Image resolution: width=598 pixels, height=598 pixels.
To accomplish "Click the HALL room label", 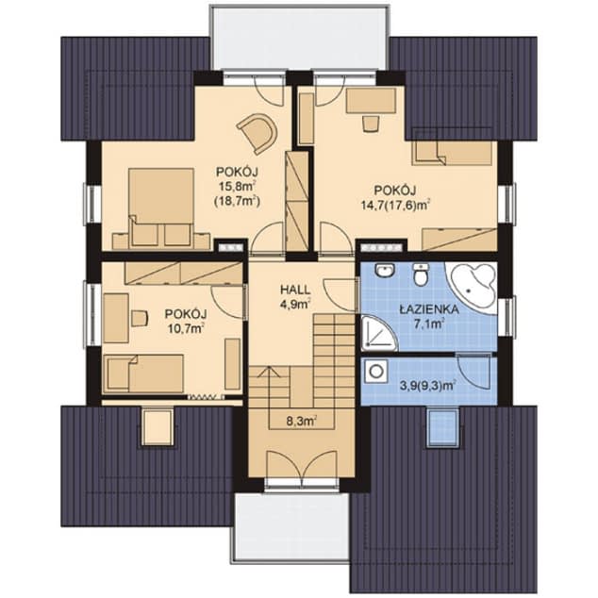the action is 295,290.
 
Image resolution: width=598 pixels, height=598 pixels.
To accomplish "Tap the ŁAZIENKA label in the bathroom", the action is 428,309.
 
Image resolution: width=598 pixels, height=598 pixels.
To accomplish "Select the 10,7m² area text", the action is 186,328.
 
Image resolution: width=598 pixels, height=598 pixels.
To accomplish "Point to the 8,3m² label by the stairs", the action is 302,422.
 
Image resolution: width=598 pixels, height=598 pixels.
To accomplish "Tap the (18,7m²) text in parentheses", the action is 237,201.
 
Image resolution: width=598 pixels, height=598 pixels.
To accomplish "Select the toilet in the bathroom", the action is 421,274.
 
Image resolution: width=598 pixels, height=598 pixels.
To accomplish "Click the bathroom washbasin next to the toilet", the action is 384,270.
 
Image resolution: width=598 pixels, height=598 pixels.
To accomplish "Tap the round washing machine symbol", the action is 376,371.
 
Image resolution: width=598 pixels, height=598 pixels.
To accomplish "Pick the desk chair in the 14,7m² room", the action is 370,124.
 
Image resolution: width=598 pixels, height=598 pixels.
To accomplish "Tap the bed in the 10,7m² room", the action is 143,373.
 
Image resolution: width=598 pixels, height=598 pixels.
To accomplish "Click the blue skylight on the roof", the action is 442,427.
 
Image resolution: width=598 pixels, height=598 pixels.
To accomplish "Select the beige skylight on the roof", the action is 157,427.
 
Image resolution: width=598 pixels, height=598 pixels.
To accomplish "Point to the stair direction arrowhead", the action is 269,372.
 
